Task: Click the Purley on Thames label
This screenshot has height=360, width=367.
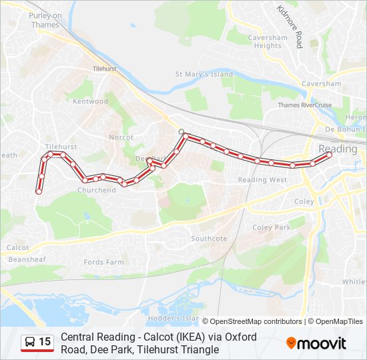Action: [x=45, y=20]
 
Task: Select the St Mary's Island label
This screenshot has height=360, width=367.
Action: [x=204, y=74]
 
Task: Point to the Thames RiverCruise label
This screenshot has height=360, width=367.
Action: [x=304, y=105]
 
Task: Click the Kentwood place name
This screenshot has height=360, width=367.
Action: [x=90, y=101]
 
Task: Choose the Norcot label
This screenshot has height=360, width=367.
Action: [x=121, y=137]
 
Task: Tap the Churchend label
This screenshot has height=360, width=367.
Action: [x=96, y=190]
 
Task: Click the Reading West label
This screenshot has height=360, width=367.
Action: [x=262, y=180]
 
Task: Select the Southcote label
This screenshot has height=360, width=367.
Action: [x=209, y=238]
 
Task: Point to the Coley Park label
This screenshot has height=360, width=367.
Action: [x=272, y=227]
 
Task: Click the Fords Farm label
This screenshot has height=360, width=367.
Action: [x=103, y=262]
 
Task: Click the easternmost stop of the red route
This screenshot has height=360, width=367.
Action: [x=330, y=155]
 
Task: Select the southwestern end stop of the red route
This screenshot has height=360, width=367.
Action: [x=39, y=191]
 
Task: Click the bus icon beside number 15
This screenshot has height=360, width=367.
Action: [x=29, y=343]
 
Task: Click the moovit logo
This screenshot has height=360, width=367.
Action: [x=316, y=343]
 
